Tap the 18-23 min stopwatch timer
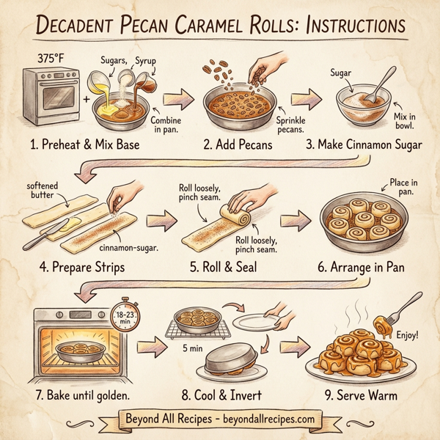click(126, 318)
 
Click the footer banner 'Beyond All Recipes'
click(220, 419)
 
